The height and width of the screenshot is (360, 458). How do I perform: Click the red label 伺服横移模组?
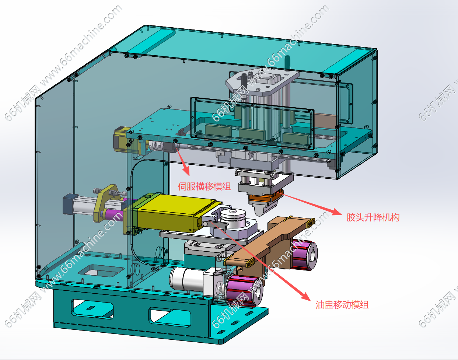(204, 186)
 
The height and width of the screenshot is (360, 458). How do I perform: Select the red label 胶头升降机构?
(373, 217)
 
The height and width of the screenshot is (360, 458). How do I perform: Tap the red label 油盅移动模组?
(342, 305)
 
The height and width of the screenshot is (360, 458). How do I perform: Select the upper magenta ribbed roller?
(304, 255)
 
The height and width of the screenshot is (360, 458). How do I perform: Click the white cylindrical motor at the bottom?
(186, 280)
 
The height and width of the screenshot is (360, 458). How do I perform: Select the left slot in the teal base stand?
(92, 309)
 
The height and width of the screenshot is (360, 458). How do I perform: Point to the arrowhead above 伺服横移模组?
(186, 170)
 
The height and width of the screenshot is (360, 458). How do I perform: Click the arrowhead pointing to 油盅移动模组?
(306, 296)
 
